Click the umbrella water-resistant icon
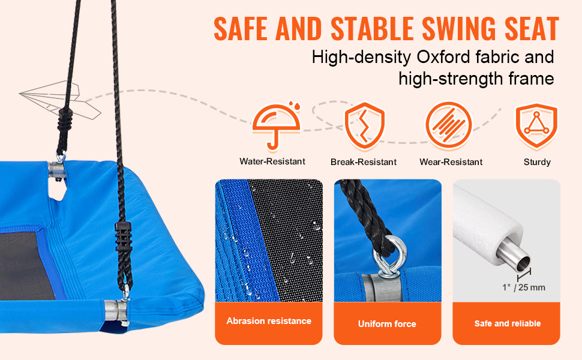pyautogui.click(x=276, y=125)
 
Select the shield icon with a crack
pyautogui.click(x=364, y=126)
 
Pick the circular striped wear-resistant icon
pyautogui.click(x=449, y=125)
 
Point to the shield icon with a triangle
pyautogui.click(x=536, y=126)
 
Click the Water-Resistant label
pyautogui.click(x=272, y=161)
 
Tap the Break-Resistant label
pyautogui.click(x=364, y=162)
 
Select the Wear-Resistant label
pyautogui.click(x=451, y=162)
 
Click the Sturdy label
pyautogui.click(x=537, y=162)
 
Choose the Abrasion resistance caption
pyautogui.click(x=269, y=321)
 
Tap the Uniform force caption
pyautogui.click(x=387, y=324)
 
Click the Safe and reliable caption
pyautogui.click(x=508, y=323)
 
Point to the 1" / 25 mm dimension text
pyautogui.click(x=524, y=287)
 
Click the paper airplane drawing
pyautogui.click(x=59, y=100)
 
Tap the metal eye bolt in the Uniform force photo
pyautogui.click(x=389, y=258)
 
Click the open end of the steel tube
pyautogui.click(x=523, y=263)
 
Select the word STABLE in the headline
pyautogui.click(x=372, y=29)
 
